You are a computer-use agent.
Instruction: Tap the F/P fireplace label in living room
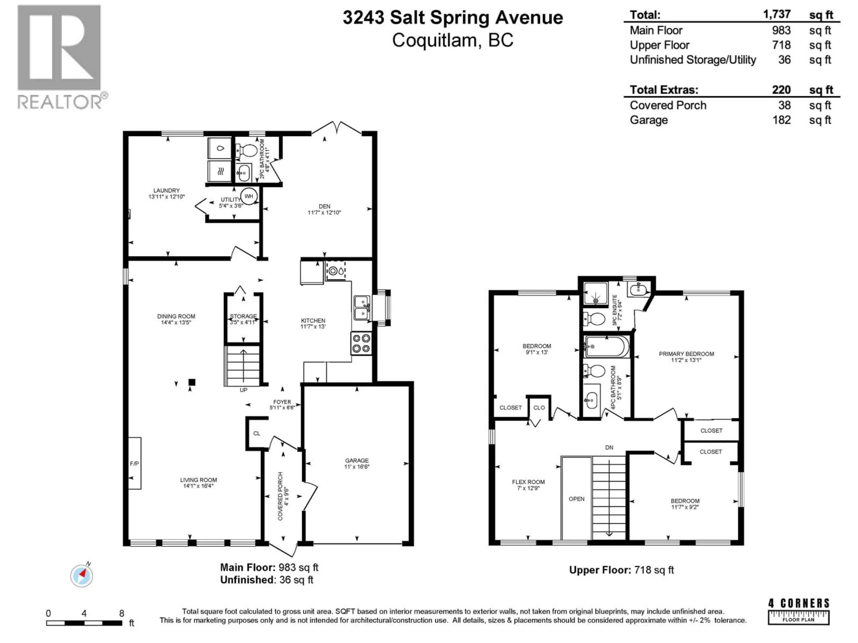coord(134,463)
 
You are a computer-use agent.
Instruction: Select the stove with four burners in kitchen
coord(361,343)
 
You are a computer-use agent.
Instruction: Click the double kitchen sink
coord(362,308)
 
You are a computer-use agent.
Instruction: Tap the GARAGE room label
coord(357,460)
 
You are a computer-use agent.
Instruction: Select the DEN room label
coord(324,206)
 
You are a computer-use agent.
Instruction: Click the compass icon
coord(82,576)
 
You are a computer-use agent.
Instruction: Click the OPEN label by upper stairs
coord(576,499)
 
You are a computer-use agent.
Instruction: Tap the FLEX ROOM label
coord(528,482)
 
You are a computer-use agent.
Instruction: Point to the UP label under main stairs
coord(243,390)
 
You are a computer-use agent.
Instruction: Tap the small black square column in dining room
coord(192,382)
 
